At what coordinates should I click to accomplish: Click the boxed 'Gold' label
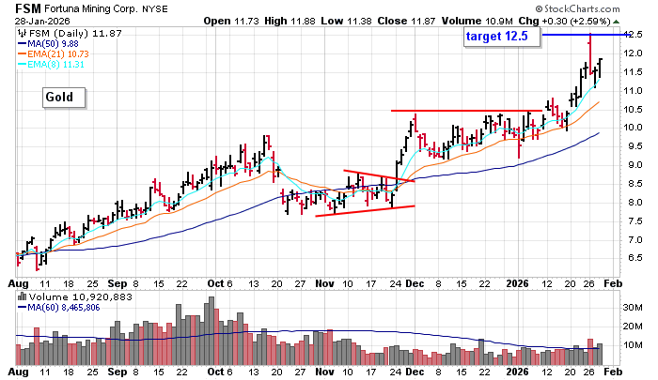[63, 97]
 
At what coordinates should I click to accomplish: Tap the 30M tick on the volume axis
[634, 306]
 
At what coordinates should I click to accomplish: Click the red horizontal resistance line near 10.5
[465, 111]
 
